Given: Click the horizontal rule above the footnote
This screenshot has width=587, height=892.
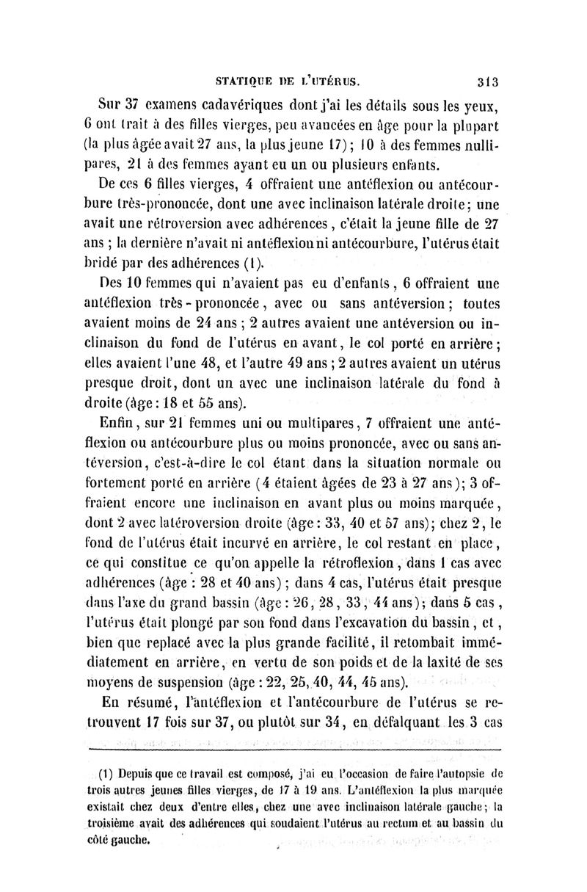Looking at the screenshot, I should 293,749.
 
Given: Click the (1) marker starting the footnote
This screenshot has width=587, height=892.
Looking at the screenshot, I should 104,774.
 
